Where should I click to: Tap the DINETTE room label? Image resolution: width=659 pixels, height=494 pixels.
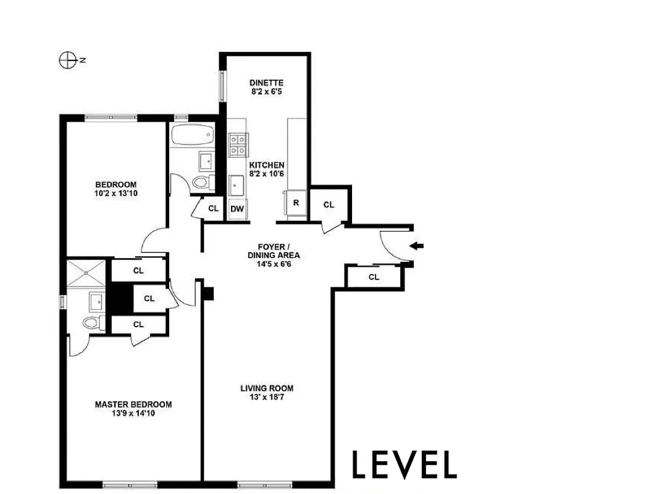[x=266, y=83]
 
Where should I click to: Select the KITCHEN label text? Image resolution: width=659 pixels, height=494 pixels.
[x=267, y=165]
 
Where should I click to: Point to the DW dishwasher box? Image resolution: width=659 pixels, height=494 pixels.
[x=237, y=209]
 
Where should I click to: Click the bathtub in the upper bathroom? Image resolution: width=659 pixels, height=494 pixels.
[x=191, y=135]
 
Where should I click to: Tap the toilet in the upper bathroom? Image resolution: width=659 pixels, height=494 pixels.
[x=201, y=183]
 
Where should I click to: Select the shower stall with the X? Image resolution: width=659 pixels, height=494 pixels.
[x=88, y=272]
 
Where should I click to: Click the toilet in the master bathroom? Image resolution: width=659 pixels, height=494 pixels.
[x=92, y=322]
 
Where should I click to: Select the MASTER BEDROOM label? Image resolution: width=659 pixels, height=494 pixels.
[x=133, y=404]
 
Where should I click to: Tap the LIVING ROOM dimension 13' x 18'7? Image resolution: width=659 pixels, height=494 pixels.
[x=267, y=398]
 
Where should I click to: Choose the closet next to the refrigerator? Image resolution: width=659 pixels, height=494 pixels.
[x=329, y=204]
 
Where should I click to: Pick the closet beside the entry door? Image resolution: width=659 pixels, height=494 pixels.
[x=374, y=277]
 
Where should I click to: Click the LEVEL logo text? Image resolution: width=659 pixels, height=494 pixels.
[x=404, y=465]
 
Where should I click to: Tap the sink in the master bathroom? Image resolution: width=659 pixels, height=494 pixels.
[x=96, y=302]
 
